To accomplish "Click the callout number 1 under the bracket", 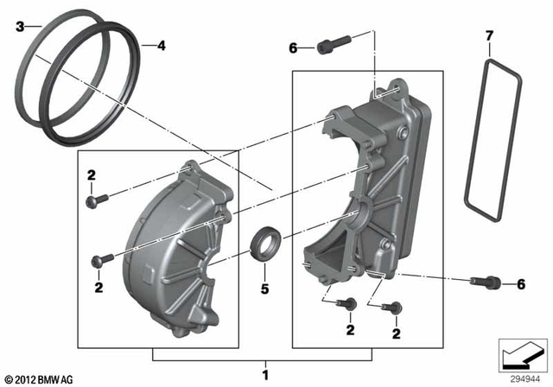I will coord(264,375).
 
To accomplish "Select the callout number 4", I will coord(159,46).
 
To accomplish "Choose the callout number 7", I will coord(489,35).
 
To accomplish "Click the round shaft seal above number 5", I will coord(264,240).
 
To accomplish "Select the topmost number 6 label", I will coord(293,48).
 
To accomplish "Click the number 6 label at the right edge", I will coord(520,284).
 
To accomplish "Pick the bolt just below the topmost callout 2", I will coord(95,200).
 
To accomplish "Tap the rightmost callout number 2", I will coord(397,333).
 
